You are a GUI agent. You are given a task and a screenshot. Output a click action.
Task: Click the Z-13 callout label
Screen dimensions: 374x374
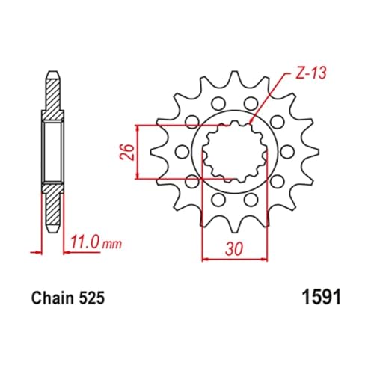point(310,73)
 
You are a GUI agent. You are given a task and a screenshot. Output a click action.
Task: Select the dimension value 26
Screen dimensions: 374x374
point(127,152)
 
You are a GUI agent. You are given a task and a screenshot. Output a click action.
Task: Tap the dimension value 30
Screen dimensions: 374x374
point(234,248)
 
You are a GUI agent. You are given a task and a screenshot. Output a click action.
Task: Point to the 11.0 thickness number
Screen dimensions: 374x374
point(85,242)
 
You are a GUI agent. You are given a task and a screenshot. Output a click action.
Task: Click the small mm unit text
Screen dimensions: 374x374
point(112,245)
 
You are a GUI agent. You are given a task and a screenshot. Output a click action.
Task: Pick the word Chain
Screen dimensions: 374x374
point(52,298)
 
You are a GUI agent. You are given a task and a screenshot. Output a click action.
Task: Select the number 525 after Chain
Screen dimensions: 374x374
point(92,298)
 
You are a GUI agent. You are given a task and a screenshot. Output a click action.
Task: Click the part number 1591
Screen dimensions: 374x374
point(321,297)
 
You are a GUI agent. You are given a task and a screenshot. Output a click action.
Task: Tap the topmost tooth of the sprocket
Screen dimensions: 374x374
point(235,76)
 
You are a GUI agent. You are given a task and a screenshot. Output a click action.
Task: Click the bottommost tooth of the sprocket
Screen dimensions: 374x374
point(235,228)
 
